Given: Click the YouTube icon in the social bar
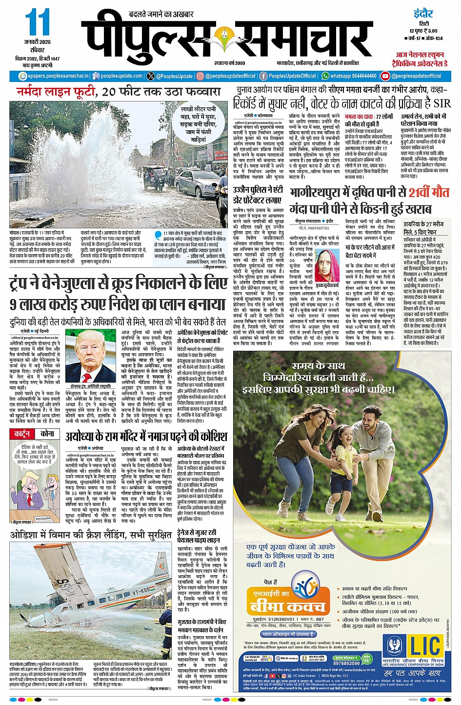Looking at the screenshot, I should click(385, 76).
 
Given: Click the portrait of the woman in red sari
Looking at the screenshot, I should click(327, 266).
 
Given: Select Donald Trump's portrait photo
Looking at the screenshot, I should click(90, 357).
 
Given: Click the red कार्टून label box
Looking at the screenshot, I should click(22, 434).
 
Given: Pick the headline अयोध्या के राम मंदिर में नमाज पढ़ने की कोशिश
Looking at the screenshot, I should click(146, 436).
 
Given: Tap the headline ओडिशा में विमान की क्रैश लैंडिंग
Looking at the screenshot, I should click(91, 536).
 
